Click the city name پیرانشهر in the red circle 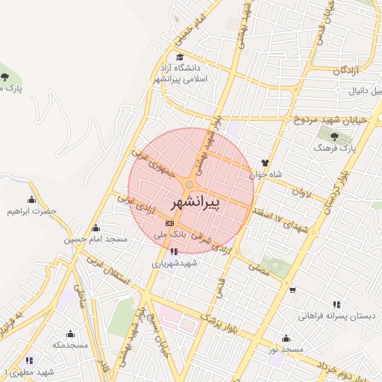coord(192,201)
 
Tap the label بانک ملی coord(169,234)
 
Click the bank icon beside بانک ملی coord(169,222)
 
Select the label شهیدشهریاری coord(172,263)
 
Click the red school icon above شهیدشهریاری coord(174,251)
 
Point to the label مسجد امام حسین coord(95,239)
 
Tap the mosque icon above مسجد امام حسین coord(95,228)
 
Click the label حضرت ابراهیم coord(33,211)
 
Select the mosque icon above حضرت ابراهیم coord(31,199)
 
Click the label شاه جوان coord(268,174)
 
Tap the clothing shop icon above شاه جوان coord(265,162)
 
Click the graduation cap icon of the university coord(178,57)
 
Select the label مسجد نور coord(286,349)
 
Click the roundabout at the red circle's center coord(190,184)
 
